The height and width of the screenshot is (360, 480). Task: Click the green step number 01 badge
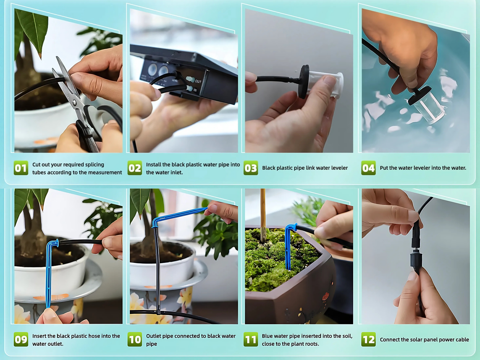[x=21, y=168]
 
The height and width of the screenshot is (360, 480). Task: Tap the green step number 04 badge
[x=368, y=168]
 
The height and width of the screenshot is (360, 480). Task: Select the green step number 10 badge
[x=135, y=340]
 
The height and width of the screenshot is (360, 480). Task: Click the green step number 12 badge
[x=368, y=340]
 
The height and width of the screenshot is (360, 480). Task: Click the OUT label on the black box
[x=198, y=81]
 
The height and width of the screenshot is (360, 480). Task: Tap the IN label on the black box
[x=195, y=90]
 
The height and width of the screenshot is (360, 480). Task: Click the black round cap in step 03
[x=304, y=82]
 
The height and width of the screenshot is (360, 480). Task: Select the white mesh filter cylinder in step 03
[x=327, y=85]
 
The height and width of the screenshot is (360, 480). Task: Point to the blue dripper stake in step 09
[x=49, y=272]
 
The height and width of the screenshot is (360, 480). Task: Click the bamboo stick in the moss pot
[x=263, y=213]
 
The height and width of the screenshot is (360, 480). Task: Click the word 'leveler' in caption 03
[x=338, y=168]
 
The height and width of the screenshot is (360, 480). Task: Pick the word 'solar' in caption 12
[x=419, y=339]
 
